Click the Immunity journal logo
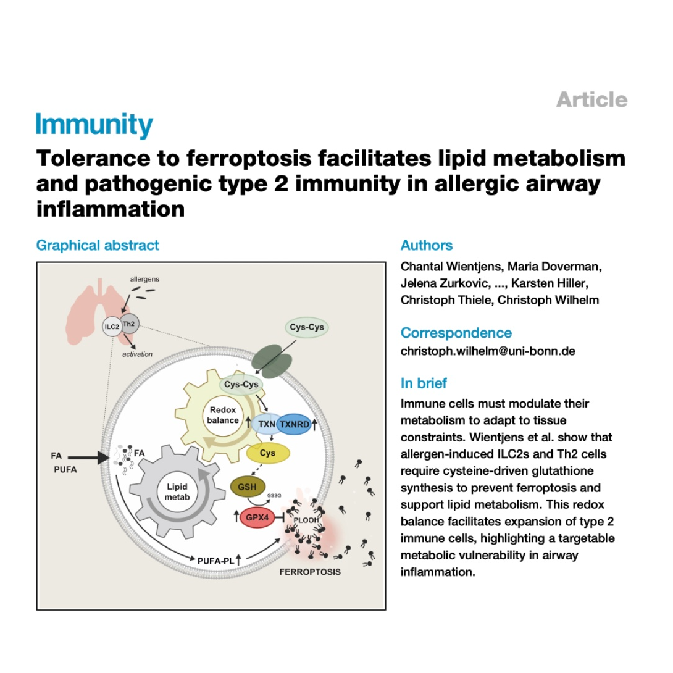pos(94,125)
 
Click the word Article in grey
pos(592,99)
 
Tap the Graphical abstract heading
pos(98,245)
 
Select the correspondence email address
pos(488,351)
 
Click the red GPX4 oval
pos(257,517)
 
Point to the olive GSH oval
pos(247,487)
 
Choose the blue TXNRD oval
pos(294,425)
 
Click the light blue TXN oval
pos(266,425)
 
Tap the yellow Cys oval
pos(268,453)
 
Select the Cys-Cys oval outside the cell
pos(306,327)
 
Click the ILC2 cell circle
pos(112,327)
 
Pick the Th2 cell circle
pos(130,324)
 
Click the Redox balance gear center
pos(223,415)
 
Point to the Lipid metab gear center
pos(177,492)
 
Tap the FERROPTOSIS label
pos(310,572)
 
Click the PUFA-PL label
pos(215,561)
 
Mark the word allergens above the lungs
pos(144,279)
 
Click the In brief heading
pos(424,383)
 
